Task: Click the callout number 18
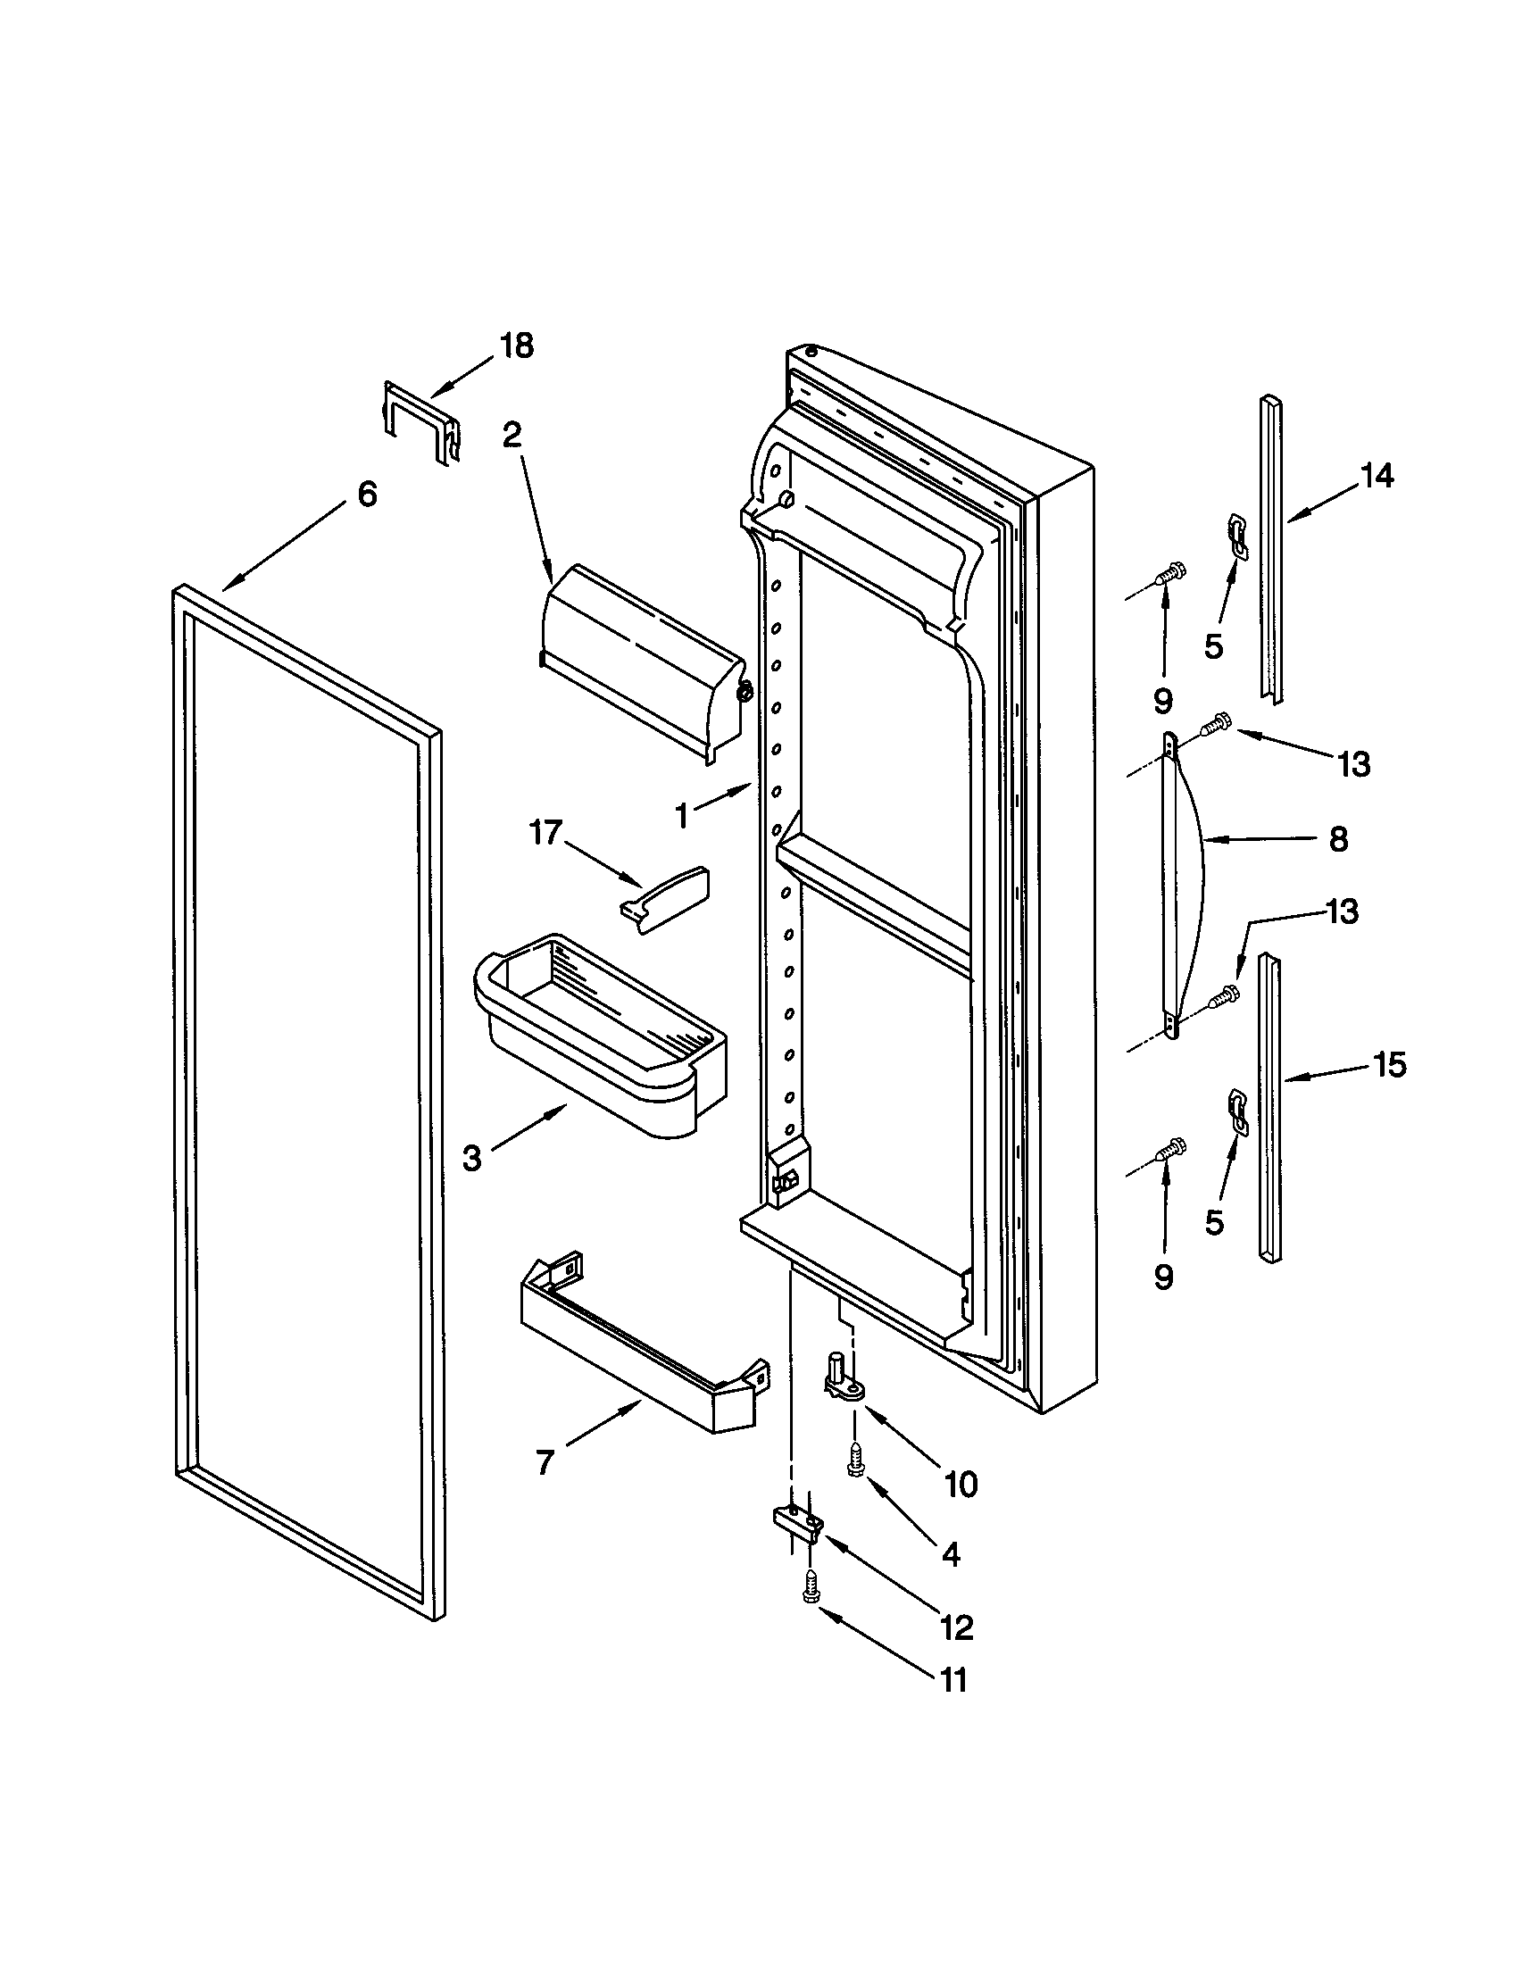point(516,345)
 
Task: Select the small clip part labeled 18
point(420,420)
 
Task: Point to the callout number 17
point(545,833)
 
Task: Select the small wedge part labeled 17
point(663,898)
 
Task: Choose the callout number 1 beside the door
point(682,817)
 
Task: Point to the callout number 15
point(1389,1065)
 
